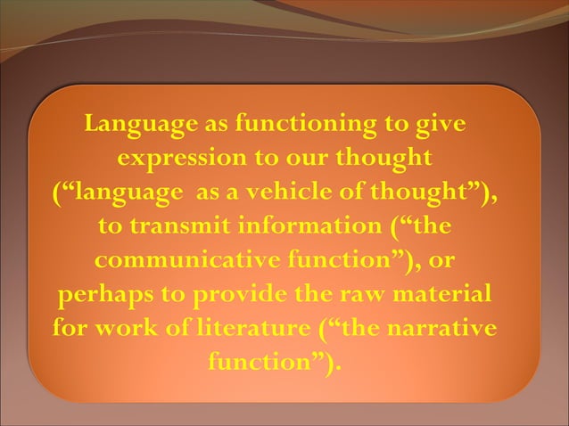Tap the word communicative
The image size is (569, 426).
pos(177,258)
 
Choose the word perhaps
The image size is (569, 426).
pos(102,294)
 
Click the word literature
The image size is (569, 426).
pos(240,327)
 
